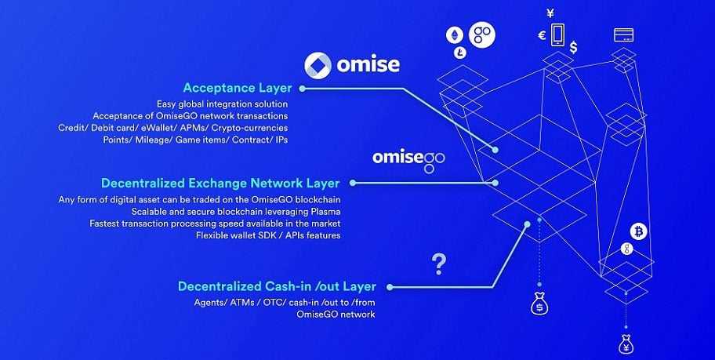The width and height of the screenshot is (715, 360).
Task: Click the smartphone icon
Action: coord(557,34)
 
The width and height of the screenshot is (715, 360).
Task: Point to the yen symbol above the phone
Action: coord(550,13)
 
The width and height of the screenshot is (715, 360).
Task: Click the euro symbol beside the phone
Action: coord(542,35)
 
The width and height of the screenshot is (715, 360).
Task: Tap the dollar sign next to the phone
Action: coord(574,47)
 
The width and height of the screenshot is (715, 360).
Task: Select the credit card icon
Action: coord(624,35)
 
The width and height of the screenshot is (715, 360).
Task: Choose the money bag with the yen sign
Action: coord(626,344)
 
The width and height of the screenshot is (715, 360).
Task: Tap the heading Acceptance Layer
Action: coord(237,88)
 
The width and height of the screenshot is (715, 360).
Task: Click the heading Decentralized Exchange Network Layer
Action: coord(220,183)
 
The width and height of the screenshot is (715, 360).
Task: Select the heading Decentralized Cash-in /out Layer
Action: coord(277,285)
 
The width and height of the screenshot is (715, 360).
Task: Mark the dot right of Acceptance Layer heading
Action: coord(302,89)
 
